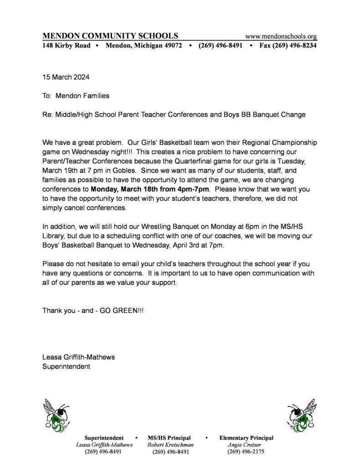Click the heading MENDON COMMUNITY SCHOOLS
click(110, 36)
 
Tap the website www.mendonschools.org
click(281, 36)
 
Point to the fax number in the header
click(288, 46)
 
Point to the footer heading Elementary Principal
click(246, 437)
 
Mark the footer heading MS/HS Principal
click(169, 437)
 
